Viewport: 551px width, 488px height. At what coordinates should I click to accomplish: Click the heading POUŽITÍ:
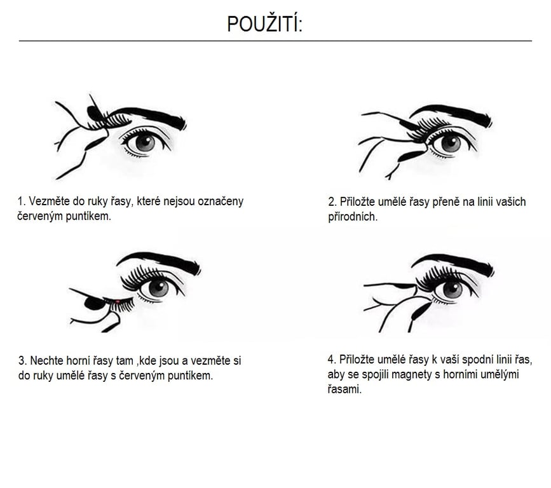point(264,24)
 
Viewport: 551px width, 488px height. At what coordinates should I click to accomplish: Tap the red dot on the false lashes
point(118,301)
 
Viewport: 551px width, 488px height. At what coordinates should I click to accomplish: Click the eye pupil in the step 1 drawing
point(144,142)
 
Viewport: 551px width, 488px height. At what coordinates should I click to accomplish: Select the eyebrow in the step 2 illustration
point(452,114)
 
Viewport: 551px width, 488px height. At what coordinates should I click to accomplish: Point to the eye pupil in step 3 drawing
point(158,287)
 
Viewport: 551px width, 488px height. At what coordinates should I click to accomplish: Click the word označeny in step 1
point(221,202)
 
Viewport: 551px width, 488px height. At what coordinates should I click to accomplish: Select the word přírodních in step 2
point(353,217)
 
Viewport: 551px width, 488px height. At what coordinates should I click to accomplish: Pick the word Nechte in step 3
point(46,360)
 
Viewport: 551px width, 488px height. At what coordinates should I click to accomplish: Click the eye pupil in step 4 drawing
point(453,289)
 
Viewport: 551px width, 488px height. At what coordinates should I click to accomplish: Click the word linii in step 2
point(486,201)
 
